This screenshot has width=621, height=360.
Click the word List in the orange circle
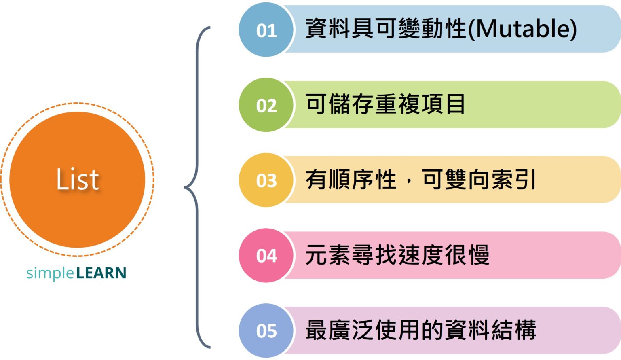point(77,179)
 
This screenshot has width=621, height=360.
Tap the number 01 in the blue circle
point(266,31)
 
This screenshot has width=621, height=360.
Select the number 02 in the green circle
point(266,106)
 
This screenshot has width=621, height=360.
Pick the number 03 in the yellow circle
point(266,180)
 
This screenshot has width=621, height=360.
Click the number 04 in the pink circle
point(266,256)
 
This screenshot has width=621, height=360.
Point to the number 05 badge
point(266,331)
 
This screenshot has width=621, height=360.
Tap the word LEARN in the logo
point(101,273)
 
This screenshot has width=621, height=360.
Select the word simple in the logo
point(50,274)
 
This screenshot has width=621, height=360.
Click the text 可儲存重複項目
point(385,104)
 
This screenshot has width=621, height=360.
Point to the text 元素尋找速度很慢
point(397,255)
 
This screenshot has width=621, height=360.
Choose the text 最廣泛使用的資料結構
point(420,330)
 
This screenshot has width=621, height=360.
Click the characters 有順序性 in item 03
point(351,180)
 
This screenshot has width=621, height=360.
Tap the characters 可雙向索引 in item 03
point(479,180)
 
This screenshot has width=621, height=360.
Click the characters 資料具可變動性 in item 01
point(386,29)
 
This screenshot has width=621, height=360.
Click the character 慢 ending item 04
point(479,255)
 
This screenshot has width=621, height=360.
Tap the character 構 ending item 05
point(525,330)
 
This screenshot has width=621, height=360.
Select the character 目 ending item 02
point(456,104)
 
